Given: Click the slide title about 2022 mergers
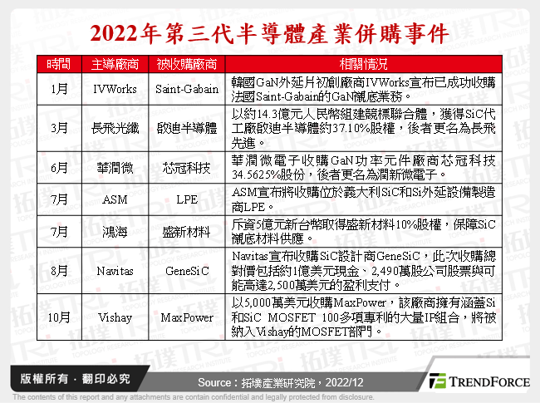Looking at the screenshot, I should click(x=269, y=34).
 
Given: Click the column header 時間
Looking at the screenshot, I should click(x=59, y=64).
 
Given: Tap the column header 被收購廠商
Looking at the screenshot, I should click(x=187, y=64).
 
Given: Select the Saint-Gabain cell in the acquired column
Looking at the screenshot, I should click(x=187, y=87).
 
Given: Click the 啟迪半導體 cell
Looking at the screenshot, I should click(x=187, y=128).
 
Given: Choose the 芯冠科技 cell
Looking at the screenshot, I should click(x=187, y=168).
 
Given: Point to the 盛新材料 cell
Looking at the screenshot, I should click(x=187, y=232).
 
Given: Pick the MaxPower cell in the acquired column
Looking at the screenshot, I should click(x=187, y=318).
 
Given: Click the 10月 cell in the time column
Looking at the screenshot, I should click(x=59, y=318).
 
